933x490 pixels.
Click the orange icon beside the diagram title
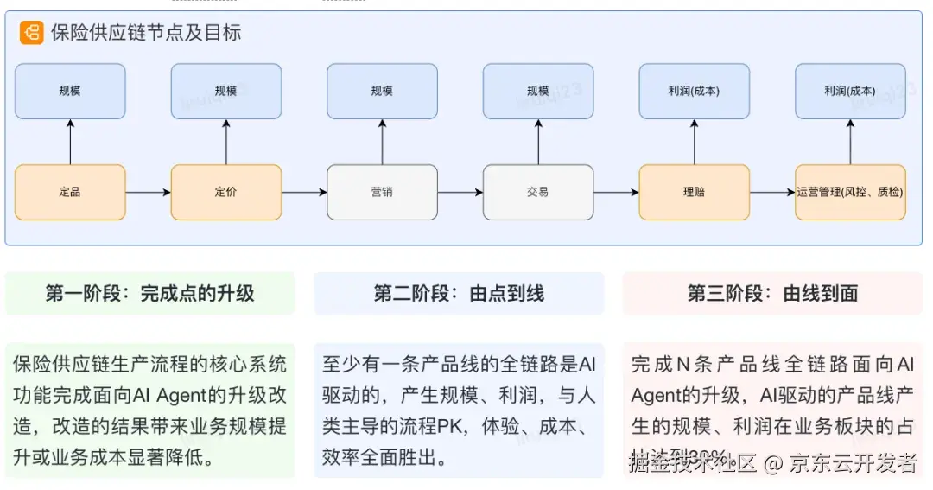pyautogui.click(x=32, y=34)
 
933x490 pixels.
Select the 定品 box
pyautogui.click(x=70, y=192)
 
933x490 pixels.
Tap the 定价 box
pyautogui.click(x=226, y=192)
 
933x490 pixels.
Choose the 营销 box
pyautogui.click(x=382, y=192)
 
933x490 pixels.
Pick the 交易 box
pyautogui.click(x=538, y=192)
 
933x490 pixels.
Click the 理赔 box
pyautogui.click(x=694, y=192)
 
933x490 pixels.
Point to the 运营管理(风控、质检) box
pyautogui.click(x=850, y=192)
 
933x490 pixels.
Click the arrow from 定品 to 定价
pyautogui.click(x=148, y=192)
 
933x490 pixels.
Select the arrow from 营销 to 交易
pyautogui.click(x=460, y=192)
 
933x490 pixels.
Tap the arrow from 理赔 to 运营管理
pyautogui.click(x=771, y=192)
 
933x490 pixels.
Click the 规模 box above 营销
pyautogui.click(x=382, y=91)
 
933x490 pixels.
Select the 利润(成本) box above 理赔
pyautogui.click(x=694, y=91)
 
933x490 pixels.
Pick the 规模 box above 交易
pyautogui.click(x=538, y=91)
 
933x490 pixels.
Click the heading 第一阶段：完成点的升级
pyautogui.click(x=150, y=294)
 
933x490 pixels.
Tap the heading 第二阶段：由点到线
pyautogui.click(x=459, y=294)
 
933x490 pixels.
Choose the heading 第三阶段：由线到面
pyautogui.click(x=772, y=294)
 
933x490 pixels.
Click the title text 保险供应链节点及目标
pyautogui.click(x=146, y=34)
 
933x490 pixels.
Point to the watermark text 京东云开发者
pyautogui.click(x=854, y=463)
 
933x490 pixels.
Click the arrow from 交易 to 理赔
pyautogui.click(x=616, y=192)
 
